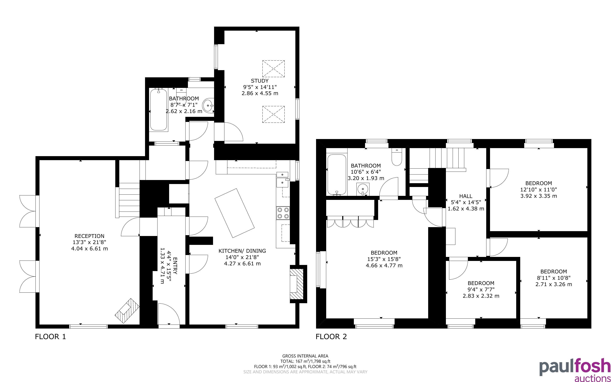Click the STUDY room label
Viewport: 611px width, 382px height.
[x=260, y=81]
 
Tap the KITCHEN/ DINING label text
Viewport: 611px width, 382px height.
[x=242, y=251]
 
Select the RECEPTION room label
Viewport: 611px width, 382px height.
[x=89, y=236]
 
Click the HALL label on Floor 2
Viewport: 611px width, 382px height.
[x=466, y=196]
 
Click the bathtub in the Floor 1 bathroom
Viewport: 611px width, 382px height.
[x=159, y=110]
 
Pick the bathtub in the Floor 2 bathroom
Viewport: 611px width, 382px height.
[x=337, y=175]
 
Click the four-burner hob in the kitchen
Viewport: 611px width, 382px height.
[x=283, y=213]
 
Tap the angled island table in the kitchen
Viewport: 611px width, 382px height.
[x=235, y=213]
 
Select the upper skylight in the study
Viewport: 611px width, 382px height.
[x=273, y=69]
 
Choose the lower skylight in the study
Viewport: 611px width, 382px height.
[x=273, y=115]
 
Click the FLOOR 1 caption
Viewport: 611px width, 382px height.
[x=50, y=337]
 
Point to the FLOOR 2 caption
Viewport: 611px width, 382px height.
[x=331, y=337]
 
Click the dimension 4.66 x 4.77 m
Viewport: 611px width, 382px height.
[x=384, y=265]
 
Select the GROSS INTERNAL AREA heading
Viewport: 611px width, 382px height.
[x=305, y=356]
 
